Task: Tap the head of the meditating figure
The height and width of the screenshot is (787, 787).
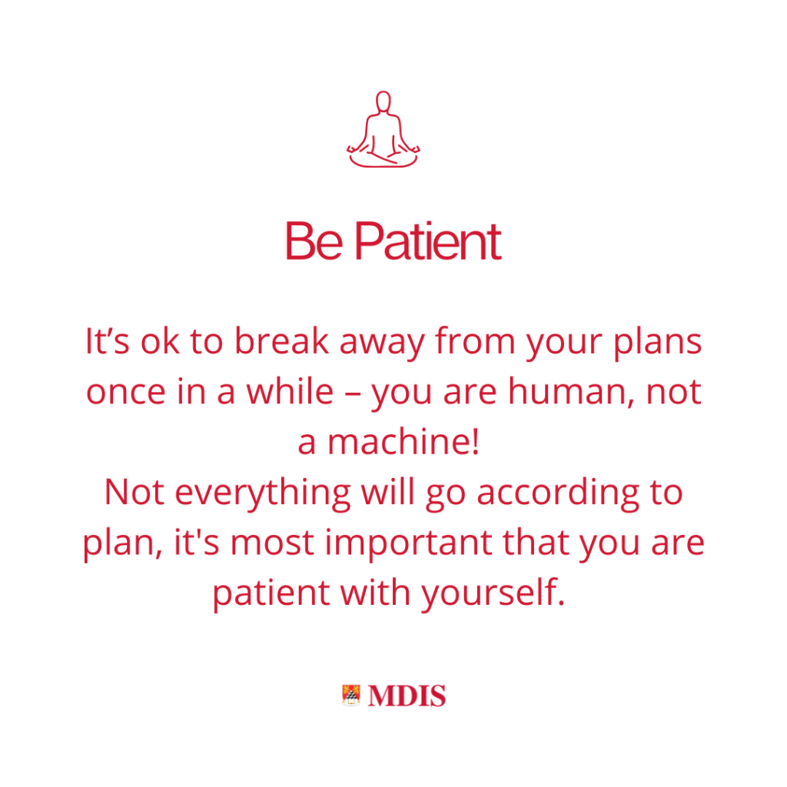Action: [x=384, y=101]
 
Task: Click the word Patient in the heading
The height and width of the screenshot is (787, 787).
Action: [x=427, y=241]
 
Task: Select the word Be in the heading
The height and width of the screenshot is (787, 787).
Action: [x=314, y=241]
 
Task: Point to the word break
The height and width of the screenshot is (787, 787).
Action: [x=281, y=340]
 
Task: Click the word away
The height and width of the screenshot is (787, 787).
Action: [x=382, y=344]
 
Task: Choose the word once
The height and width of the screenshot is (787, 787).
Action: [x=125, y=392]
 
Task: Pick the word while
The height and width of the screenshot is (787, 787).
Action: [x=290, y=390]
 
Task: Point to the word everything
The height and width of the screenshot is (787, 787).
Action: [x=263, y=494]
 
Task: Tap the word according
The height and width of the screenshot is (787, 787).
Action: [x=558, y=494]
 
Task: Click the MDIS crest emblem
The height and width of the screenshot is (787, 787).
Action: [x=351, y=696]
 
